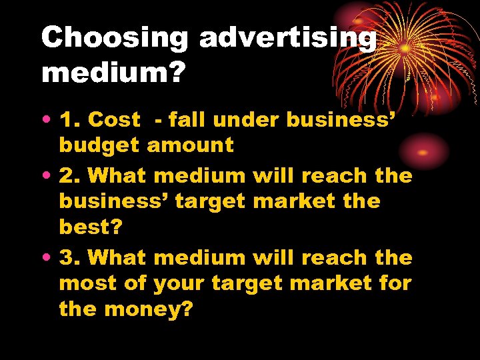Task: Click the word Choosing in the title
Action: [x=115, y=38]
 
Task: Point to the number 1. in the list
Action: [x=71, y=120]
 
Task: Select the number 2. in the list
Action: [x=71, y=176]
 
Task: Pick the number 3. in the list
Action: [x=71, y=257]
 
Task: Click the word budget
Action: [x=100, y=146]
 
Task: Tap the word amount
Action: [x=191, y=145]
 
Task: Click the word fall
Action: [x=188, y=120]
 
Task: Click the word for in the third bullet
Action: [x=397, y=283]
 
